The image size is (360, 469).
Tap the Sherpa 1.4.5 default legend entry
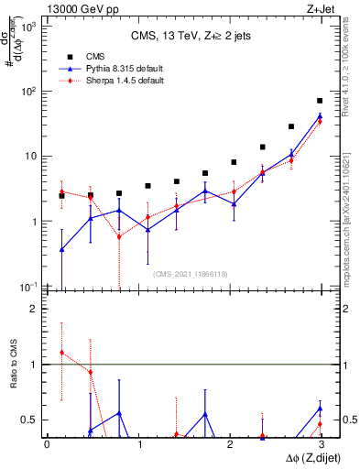tap(111, 81)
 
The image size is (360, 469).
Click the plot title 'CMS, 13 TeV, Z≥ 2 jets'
tap(182, 37)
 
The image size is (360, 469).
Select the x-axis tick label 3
tap(320, 445)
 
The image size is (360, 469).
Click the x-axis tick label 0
tap(47, 445)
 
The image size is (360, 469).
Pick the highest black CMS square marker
tap(320, 101)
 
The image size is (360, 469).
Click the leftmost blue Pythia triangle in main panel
tap(61, 249)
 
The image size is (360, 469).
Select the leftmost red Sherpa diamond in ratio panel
tap(61, 353)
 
